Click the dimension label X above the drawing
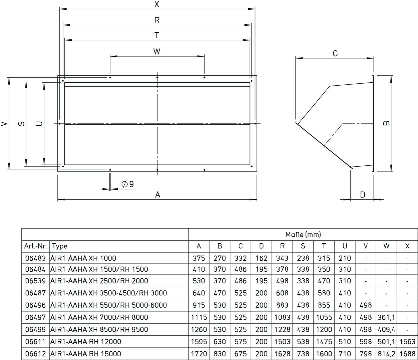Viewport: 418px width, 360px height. pos(157,4)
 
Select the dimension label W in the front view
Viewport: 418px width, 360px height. pos(157,51)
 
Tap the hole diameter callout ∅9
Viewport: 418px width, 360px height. pos(128,184)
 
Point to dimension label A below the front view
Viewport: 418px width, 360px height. pos(158,195)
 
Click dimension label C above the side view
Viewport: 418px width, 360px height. pos(335,53)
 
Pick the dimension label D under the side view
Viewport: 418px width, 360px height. pos(363,195)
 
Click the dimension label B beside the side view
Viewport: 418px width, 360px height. pos(386,123)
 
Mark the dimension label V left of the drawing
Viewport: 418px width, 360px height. pos(4,124)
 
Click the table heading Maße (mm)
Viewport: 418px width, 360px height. pos(303,235)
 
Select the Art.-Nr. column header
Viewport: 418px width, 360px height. pos(35,246)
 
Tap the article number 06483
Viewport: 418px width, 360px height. pos(35,258)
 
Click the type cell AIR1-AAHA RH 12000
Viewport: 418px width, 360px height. pos(86,342)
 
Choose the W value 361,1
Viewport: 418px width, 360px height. pos(386,317)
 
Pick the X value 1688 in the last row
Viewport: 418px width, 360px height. pos(407,354)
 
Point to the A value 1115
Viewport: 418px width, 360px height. pos(199,317)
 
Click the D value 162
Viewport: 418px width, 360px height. pos(262,258)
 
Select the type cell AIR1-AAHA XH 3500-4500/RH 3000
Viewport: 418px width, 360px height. pos(109,293)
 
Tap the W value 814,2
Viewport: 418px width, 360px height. pos(386,354)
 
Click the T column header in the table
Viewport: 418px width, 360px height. pos(324,246)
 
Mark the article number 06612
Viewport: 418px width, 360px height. pos(35,354)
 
